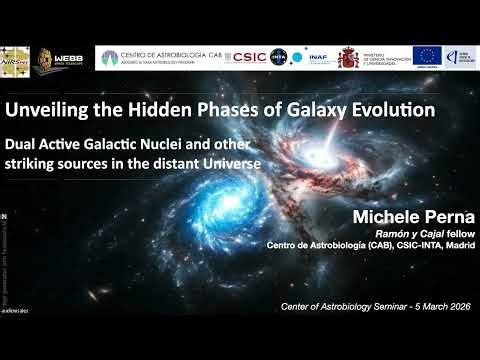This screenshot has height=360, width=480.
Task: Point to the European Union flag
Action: point(427,57)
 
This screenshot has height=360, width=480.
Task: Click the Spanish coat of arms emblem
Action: point(348,58)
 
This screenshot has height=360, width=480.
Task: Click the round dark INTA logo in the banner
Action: point(279,58)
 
